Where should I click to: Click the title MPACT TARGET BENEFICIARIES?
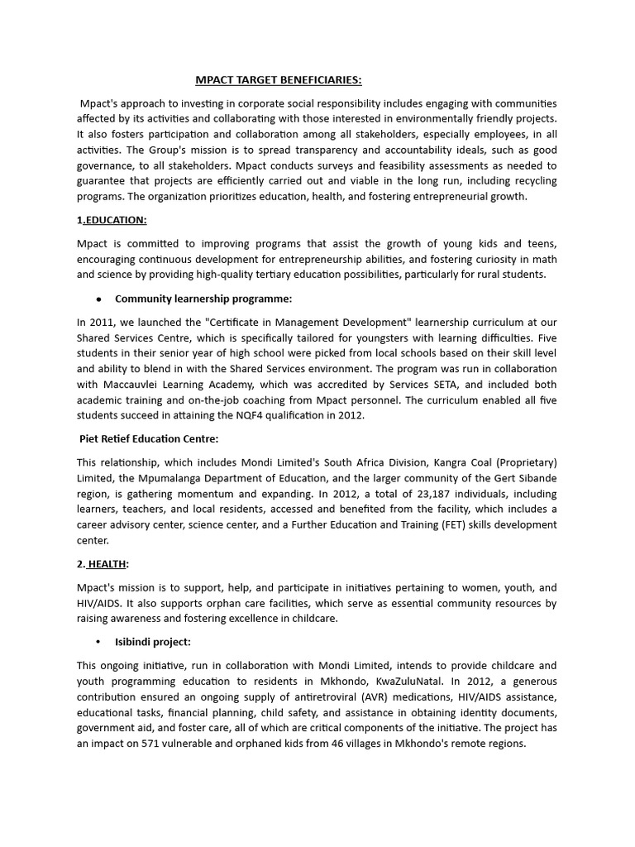279,80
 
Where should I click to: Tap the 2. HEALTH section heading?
103,563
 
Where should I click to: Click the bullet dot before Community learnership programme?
98,299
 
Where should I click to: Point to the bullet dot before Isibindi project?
98,642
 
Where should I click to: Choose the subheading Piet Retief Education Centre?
149,438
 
